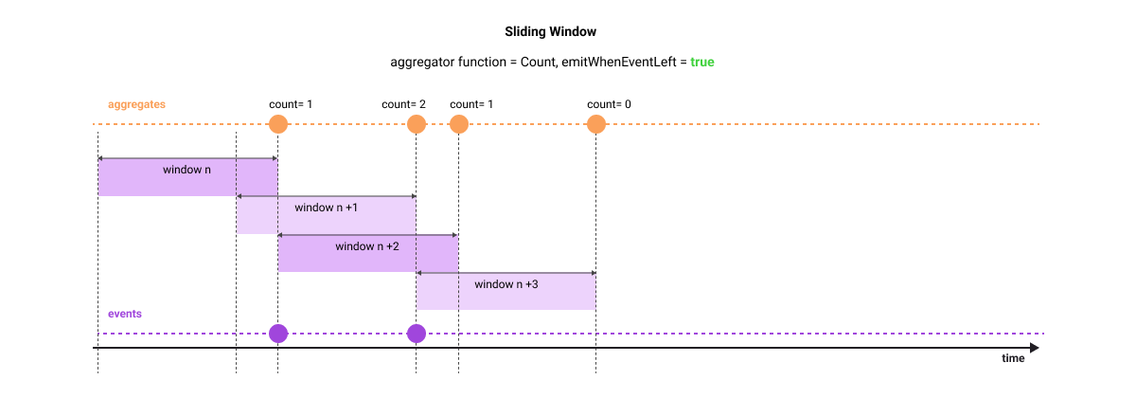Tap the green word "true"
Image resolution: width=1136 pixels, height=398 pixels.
(x=701, y=62)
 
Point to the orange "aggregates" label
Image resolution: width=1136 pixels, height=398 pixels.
(x=137, y=103)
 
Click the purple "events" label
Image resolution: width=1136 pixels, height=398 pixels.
(x=125, y=313)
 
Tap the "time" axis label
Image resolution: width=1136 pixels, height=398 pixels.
(x=1013, y=358)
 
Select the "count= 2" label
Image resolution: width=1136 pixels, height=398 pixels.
(x=403, y=103)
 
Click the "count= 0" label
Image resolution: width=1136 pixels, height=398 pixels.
(x=609, y=103)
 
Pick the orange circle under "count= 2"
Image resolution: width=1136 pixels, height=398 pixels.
(x=416, y=124)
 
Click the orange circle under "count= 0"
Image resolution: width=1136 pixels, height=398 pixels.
(x=595, y=124)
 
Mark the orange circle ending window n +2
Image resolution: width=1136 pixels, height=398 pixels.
(x=458, y=124)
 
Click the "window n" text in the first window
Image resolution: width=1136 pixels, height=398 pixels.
(x=186, y=171)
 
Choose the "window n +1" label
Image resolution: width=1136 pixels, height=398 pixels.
(x=326, y=208)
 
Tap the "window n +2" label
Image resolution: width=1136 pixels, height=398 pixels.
(x=367, y=246)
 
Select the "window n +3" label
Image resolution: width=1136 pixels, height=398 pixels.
(x=506, y=284)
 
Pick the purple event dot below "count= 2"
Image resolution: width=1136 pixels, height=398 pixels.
(x=416, y=334)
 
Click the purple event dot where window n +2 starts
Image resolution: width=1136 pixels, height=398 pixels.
(x=277, y=334)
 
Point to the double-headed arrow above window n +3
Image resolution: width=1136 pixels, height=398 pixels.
(x=506, y=273)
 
